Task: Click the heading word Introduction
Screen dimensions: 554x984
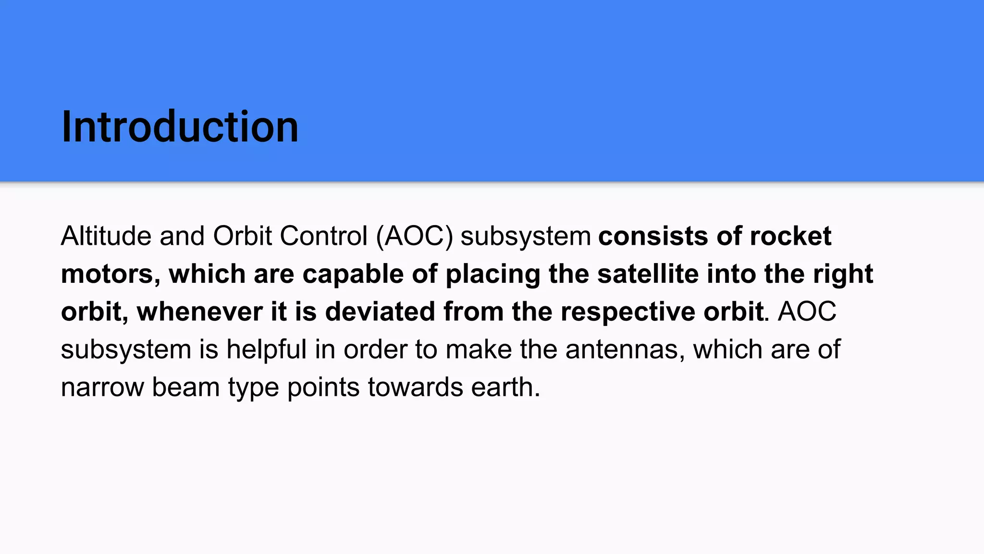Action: tap(180, 127)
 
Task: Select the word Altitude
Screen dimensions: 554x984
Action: tap(106, 236)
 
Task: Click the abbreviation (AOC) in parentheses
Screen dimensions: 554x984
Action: tap(415, 236)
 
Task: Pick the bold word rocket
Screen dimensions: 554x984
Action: tap(790, 236)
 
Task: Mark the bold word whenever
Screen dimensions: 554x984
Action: tap(199, 312)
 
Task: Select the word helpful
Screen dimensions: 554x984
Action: tap(266, 349)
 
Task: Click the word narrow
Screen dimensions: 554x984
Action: tap(102, 387)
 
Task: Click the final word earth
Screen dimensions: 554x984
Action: tap(504, 387)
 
